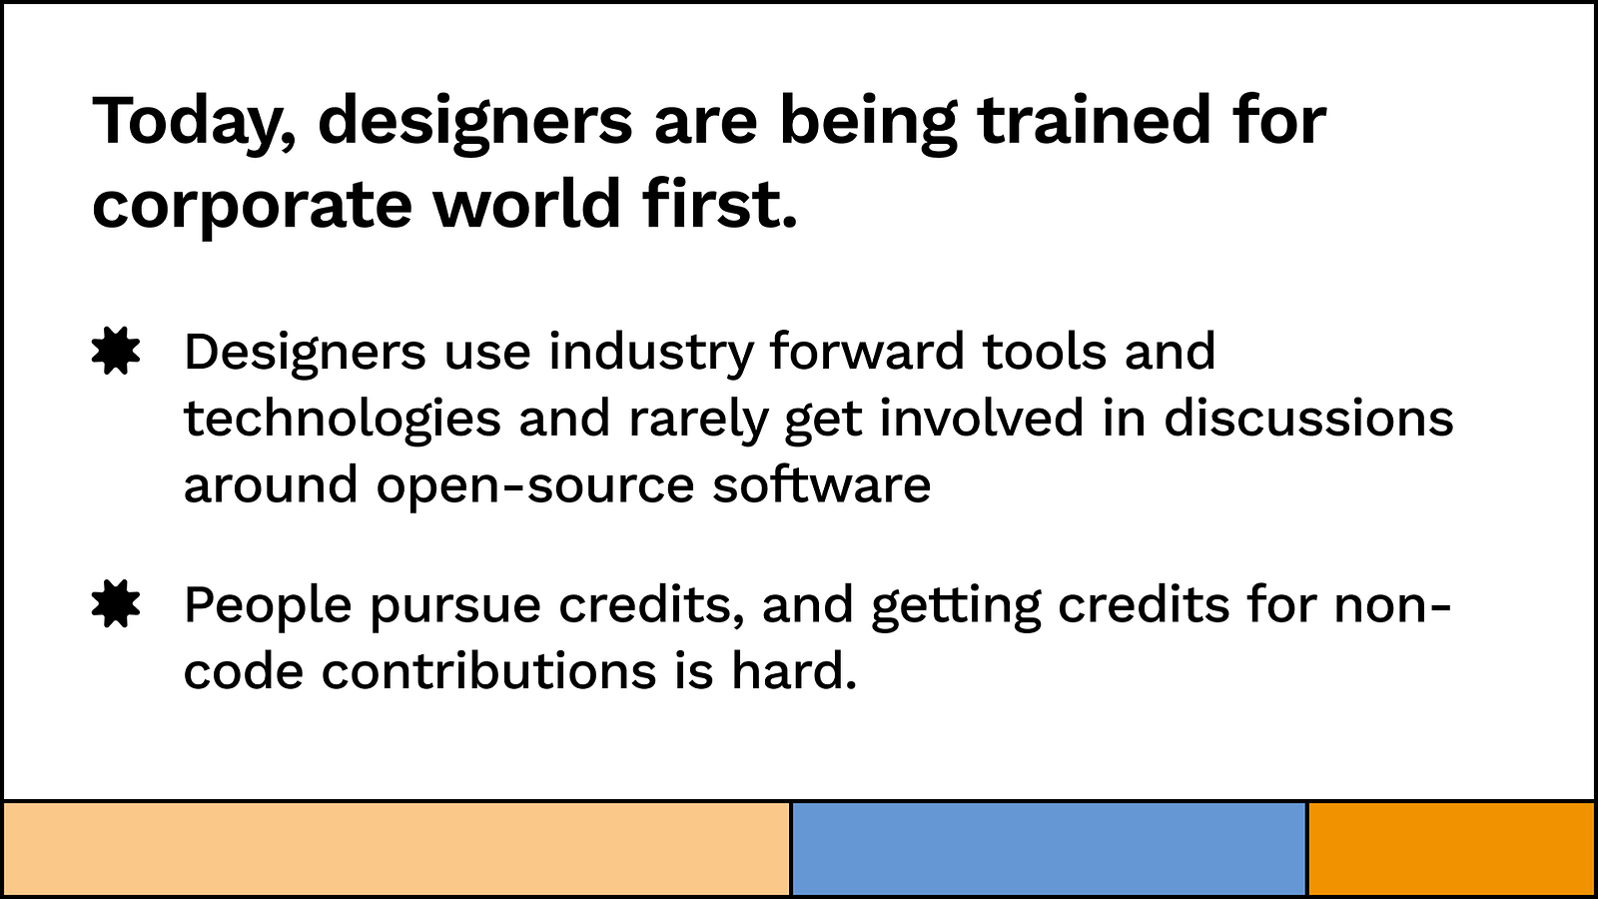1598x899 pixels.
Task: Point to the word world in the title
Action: pos(527,204)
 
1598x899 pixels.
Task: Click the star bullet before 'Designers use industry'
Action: pos(116,351)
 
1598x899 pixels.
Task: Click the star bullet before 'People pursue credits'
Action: pos(116,603)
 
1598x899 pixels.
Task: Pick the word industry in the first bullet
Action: pos(651,353)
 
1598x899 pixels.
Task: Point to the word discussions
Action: pos(1309,417)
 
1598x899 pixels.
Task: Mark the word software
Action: pos(822,483)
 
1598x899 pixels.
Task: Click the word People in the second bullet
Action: pos(268,606)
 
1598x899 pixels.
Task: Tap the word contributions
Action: pos(488,670)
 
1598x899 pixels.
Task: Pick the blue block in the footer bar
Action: pos(1049,848)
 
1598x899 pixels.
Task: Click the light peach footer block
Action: pos(397,848)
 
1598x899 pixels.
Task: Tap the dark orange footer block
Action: pos(1451,848)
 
